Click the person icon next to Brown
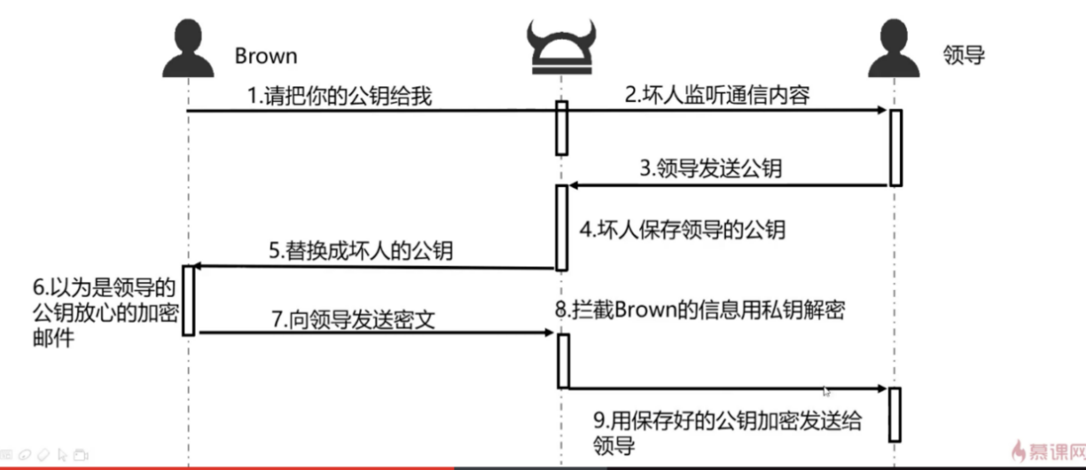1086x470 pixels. (188, 49)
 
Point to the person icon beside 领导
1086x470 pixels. (894, 49)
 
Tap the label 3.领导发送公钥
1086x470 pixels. (711, 168)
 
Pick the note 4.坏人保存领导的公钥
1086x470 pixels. (682, 230)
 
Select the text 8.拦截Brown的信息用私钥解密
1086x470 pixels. (700, 310)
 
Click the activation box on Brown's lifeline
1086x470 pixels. (188, 300)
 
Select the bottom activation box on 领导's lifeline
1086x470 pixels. (895, 415)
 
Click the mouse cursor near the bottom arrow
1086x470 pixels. (826, 391)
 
